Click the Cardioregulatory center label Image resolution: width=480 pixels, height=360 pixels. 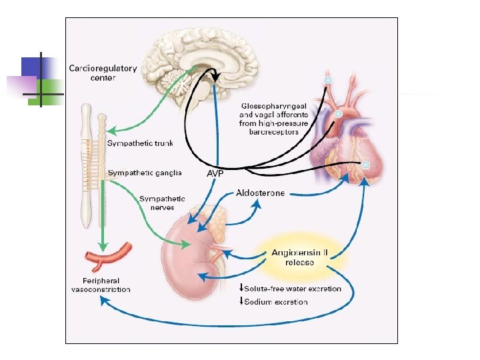(103, 73)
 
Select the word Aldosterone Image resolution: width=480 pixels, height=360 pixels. (260, 193)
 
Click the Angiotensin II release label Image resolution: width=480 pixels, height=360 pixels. (298, 257)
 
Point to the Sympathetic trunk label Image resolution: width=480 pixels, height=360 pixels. (141, 143)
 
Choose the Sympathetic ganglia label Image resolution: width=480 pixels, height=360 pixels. (145, 173)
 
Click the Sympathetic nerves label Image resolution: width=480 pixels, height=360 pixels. (162, 203)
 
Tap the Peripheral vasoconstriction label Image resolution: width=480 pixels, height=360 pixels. (101, 285)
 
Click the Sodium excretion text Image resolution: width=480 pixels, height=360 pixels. (276, 302)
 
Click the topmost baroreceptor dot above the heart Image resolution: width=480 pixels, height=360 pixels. (327, 81)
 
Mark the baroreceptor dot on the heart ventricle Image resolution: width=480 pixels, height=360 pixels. (366, 165)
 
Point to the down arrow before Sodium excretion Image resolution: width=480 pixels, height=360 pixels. (241, 302)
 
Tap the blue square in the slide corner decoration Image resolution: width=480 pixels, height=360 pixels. (31, 67)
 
